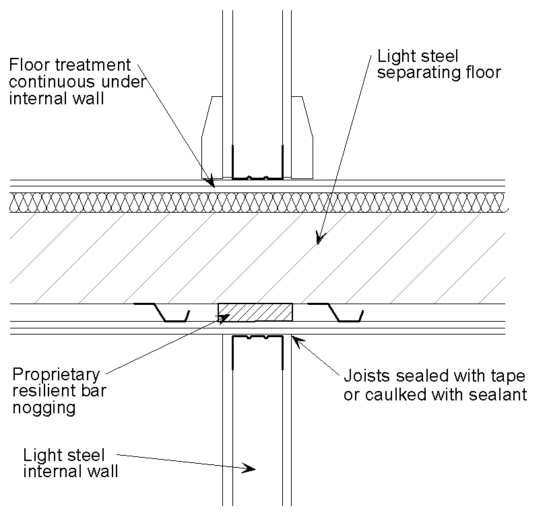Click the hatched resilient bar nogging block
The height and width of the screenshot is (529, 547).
click(255, 312)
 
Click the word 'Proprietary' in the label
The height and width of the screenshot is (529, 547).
click(56, 375)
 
